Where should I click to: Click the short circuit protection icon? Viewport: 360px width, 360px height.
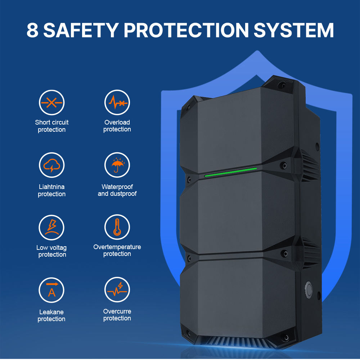click(52, 103)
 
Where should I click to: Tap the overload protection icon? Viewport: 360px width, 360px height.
click(117, 103)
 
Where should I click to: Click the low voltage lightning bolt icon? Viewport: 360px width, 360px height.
click(52, 227)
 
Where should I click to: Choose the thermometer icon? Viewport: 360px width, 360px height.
click(117, 227)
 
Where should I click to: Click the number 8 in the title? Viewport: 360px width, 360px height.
click(32, 30)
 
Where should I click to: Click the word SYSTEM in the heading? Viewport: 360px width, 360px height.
click(293, 30)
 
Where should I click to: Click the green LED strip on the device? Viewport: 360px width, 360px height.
click(230, 172)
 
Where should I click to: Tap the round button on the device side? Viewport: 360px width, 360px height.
click(309, 288)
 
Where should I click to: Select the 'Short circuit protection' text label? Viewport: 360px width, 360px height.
click(52, 126)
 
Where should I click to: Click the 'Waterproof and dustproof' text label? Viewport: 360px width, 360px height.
click(117, 190)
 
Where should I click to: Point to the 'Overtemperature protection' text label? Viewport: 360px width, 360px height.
click(117, 250)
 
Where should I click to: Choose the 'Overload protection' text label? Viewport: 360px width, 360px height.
click(117, 126)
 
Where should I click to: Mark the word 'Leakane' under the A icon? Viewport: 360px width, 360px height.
click(52, 312)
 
